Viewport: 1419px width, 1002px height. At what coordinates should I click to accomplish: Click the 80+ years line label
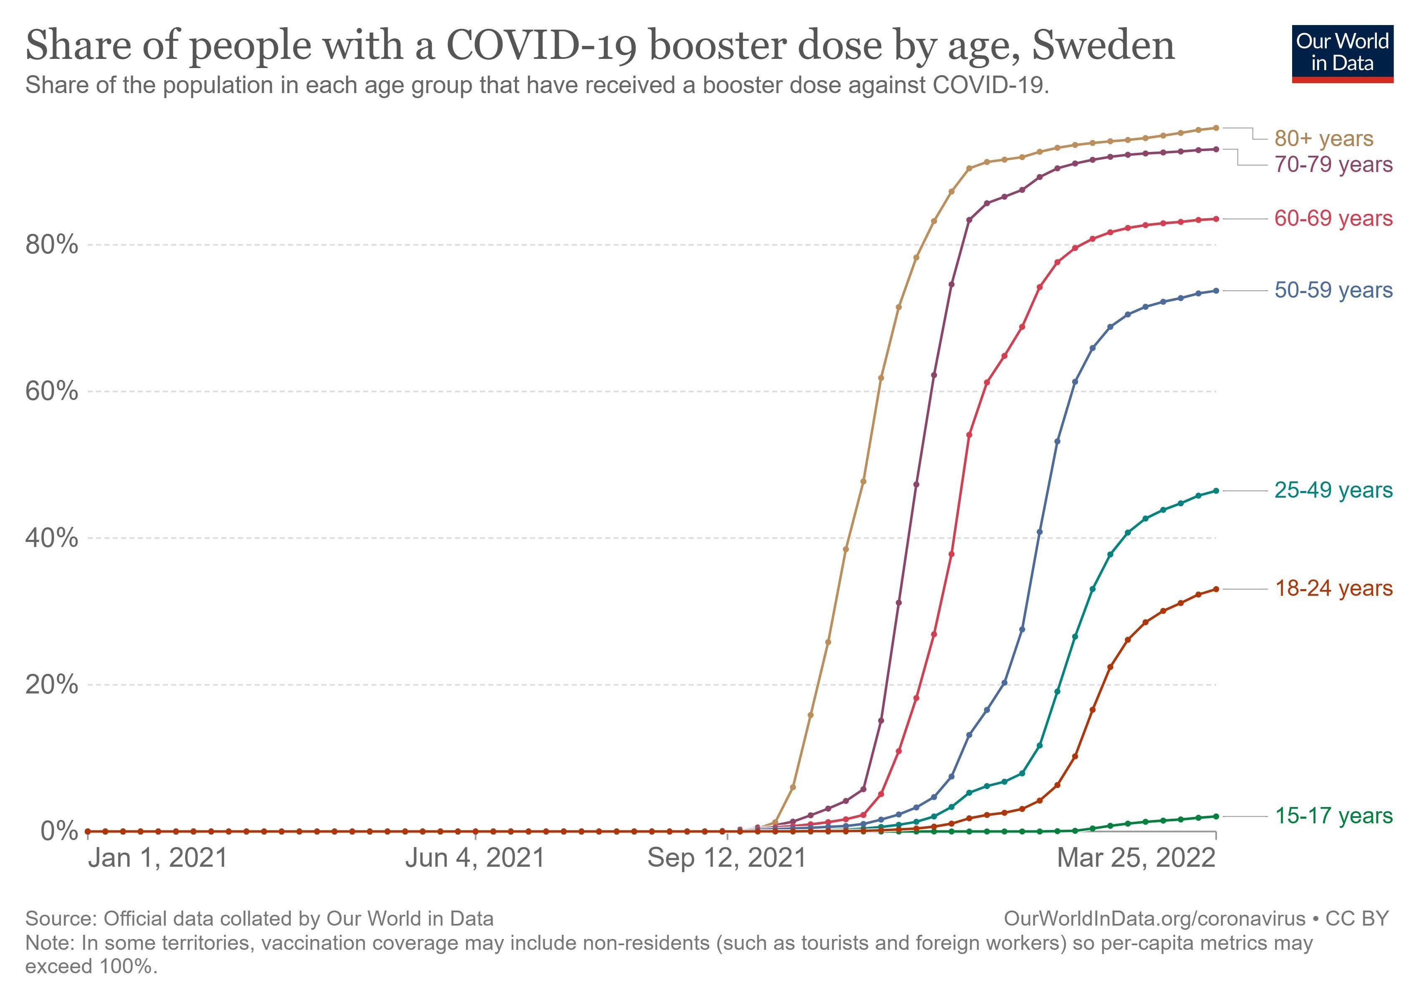pyautogui.click(x=1323, y=139)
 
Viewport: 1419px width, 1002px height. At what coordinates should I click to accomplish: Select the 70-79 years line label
pyautogui.click(x=1333, y=164)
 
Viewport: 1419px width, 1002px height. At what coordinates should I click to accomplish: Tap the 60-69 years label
pyautogui.click(x=1333, y=218)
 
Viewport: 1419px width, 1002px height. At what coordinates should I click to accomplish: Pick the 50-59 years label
pyautogui.click(x=1333, y=290)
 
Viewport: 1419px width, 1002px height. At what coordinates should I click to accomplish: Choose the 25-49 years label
pyautogui.click(x=1333, y=490)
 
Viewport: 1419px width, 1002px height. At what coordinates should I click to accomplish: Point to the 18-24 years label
pyautogui.click(x=1333, y=589)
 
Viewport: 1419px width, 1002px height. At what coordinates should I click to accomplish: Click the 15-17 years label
pyautogui.click(x=1333, y=816)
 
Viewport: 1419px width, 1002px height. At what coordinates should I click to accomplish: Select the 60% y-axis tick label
pyautogui.click(x=52, y=391)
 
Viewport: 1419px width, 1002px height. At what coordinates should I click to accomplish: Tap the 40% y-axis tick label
pyautogui.click(x=52, y=538)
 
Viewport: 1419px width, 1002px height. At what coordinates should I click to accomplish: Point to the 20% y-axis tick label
pyautogui.click(x=52, y=685)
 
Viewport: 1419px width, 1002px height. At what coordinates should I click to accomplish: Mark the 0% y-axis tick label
pyautogui.click(x=59, y=831)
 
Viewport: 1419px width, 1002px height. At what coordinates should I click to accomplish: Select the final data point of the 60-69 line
pyautogui.click(x=1216, y=219)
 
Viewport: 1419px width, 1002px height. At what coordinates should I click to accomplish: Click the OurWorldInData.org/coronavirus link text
pyautogui.click(x=1154, y=918)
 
